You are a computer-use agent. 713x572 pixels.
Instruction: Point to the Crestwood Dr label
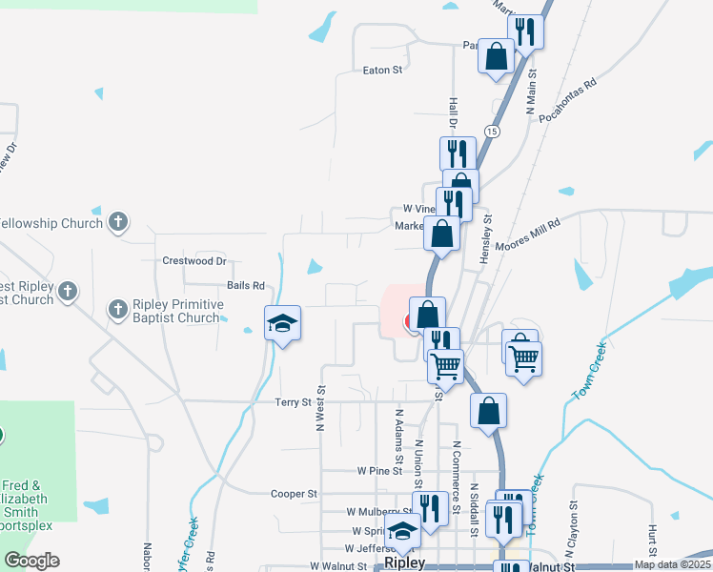[194, 260]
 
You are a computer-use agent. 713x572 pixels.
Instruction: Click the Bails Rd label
[245, 285]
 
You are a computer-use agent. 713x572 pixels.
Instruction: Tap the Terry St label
[294, 403]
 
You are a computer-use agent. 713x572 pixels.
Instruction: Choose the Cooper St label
[294, 494]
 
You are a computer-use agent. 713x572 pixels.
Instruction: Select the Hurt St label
[653, 538]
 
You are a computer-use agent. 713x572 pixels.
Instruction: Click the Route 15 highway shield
[492, 130]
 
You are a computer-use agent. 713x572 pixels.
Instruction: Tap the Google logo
[31, 561]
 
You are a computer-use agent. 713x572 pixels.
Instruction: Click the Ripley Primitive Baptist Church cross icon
[117, 309]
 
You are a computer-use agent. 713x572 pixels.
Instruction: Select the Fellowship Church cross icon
[117, 223]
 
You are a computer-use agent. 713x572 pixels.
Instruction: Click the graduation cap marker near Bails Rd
[283, 322]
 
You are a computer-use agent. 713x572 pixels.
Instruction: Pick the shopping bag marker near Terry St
[488, 410]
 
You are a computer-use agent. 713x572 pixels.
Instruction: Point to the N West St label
[321, 408]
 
